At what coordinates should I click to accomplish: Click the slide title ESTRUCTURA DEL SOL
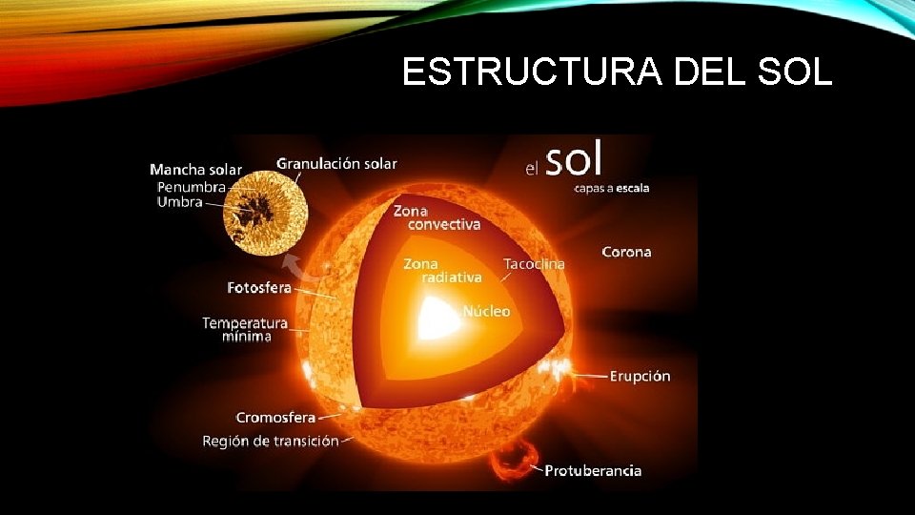click(617, 72)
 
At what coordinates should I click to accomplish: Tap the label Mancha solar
click(195, 170)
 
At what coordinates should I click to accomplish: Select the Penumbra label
click(191, 187)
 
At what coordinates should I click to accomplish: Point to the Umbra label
click(179, 202)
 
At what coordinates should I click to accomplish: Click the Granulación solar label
click(336, 164)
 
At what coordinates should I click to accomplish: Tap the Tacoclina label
click(534, 263)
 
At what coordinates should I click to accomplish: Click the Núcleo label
click(486, 311)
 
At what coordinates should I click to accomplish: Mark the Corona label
click(626, 252)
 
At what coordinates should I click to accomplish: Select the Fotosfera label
click(259, 287)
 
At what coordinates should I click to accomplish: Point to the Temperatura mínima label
click(244, 329)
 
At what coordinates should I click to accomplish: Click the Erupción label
click(640, 376)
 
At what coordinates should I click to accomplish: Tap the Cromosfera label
click(275, 418)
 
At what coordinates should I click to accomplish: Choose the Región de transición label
click(270, 441)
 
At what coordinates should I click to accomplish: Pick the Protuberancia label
click(593, 470)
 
